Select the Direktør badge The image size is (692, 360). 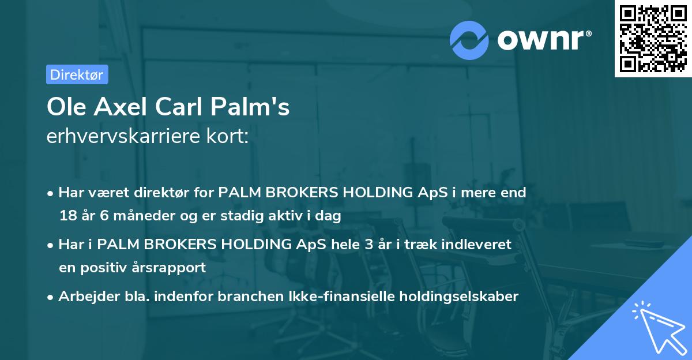pos(77,74)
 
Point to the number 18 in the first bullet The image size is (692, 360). pos(67,216)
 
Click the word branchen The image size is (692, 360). pos(212,297)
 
